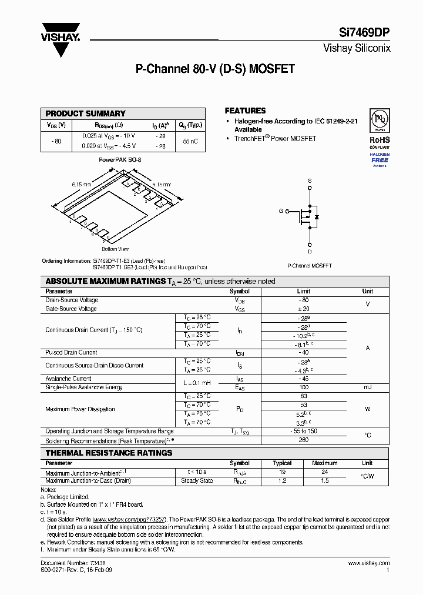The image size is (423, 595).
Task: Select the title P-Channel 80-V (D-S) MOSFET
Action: tap(215, 69)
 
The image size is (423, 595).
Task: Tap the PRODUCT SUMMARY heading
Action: tap(85, 113)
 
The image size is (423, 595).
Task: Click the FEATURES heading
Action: tap(245, 111)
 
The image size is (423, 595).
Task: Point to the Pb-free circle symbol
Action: tap(379, 120)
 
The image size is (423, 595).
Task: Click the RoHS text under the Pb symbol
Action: tap(380, 140)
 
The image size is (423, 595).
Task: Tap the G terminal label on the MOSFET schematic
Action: tap(281, 210)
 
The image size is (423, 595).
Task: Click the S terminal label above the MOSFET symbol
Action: tap(310, 180)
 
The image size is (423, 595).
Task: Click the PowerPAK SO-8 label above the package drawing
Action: tap(120, 160)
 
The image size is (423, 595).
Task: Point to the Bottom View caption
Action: tap(115, 249)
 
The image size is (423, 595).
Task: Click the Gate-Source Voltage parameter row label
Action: tap(71, 309)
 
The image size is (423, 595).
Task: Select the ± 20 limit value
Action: tap(303, 309)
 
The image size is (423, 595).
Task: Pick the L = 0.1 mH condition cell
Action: tap(196, 383)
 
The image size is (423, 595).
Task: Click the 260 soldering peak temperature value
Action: tap(303, 440)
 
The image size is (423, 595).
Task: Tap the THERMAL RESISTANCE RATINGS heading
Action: tap(109, 453)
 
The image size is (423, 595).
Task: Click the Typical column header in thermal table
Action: tap(283, 463)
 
